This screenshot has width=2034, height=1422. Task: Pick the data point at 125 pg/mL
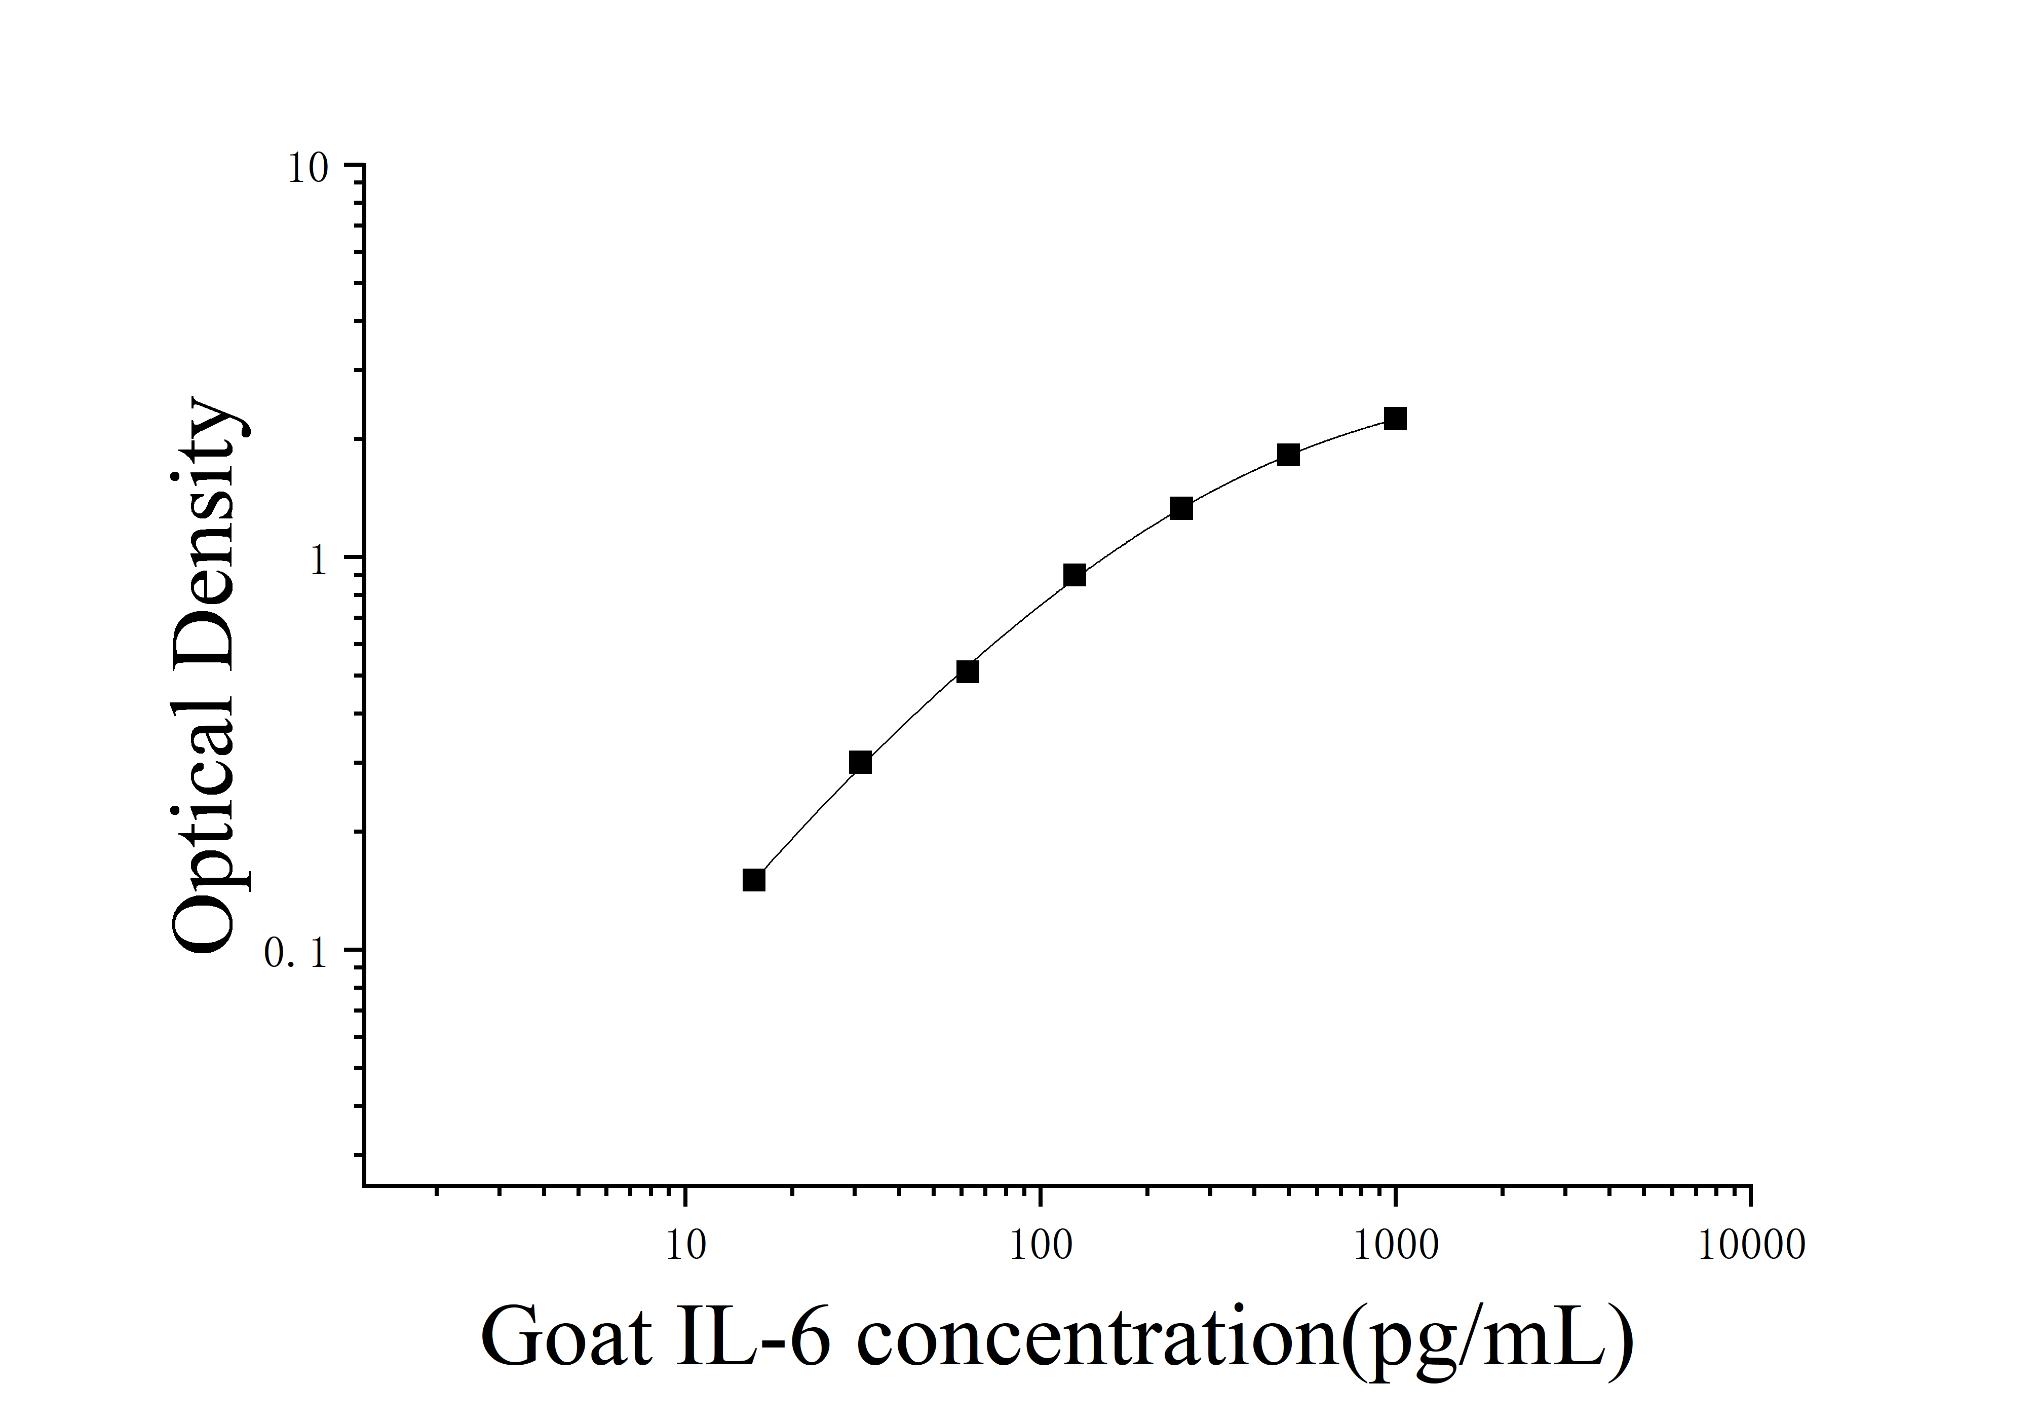[x=1074, y=575]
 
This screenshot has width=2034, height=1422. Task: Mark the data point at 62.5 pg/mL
[x=968, y=671]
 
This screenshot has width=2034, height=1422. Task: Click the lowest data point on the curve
[x=754, y=880]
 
